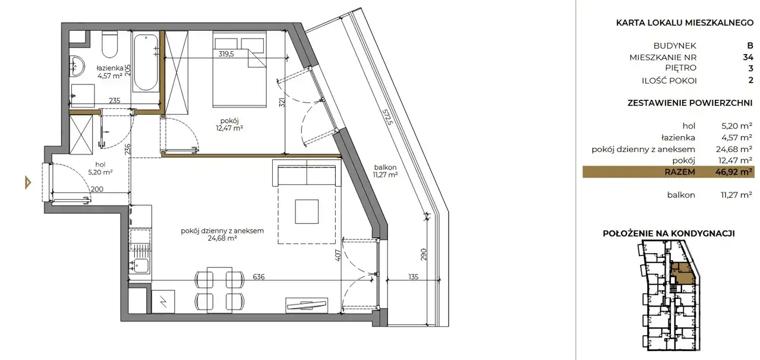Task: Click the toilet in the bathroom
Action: coord(109,45)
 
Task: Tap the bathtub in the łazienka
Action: coord(145,62)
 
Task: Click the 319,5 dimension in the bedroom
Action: coord(226,53)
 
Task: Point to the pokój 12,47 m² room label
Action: coord(230,124)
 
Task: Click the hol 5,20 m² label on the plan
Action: coord(100,168)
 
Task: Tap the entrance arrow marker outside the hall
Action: coord(28,182)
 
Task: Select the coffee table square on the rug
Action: coord(307,211)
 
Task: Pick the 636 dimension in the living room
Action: coord(258,277)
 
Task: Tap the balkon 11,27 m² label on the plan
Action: coord(385,171)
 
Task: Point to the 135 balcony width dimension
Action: coord(413,277)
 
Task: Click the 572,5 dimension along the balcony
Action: coord(387,116)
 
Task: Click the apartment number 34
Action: coord(748,57)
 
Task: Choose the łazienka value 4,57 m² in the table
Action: coord(737,137)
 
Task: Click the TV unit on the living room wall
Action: coord(307,305)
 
